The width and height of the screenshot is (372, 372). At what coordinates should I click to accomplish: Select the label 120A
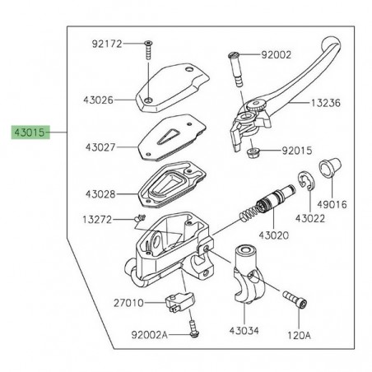coord(297,336)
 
